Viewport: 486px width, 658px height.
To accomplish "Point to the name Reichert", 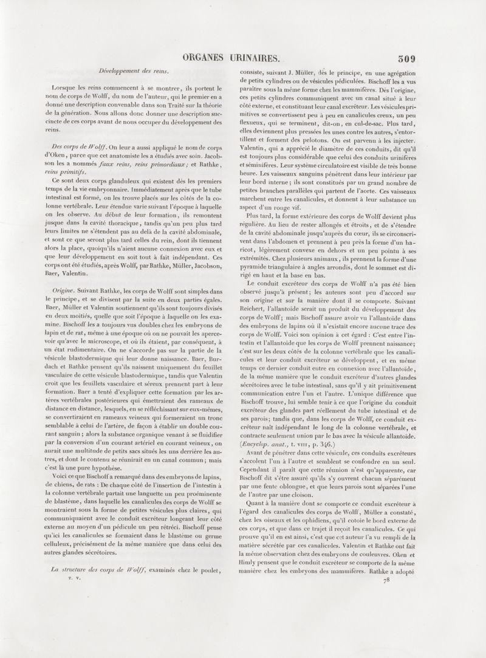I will (x=249, y=300).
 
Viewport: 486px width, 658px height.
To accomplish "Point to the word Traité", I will (x=165, y=105).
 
